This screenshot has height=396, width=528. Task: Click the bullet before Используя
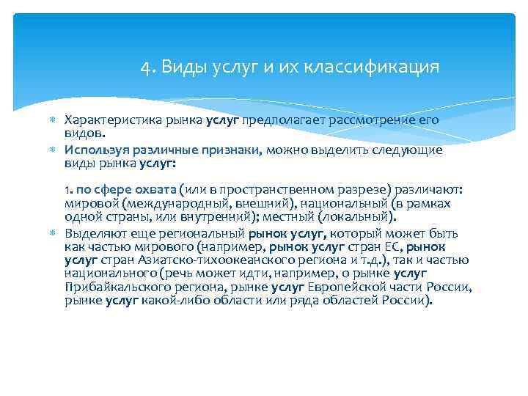(x=53, y=150)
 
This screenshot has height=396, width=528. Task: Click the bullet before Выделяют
(x=53, y=233)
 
